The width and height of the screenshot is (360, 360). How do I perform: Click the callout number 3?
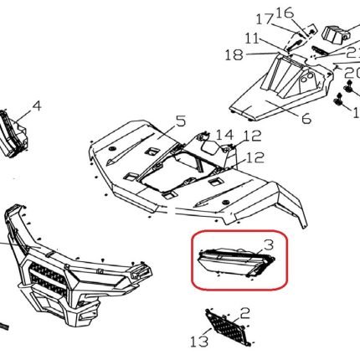click(269, 245)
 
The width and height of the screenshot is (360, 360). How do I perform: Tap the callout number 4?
click(37, 106)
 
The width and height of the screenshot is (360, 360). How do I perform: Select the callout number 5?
click(181, 121)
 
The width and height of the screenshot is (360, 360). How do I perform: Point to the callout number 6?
click(306, 119)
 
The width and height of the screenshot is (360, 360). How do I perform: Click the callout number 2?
click(244, 314)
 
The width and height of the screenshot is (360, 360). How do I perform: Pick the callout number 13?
click(199, 341)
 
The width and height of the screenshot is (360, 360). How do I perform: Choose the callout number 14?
click(224, 136)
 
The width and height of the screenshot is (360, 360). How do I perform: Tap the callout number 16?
click(285, 13)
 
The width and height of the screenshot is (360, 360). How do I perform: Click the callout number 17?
click(265, 19)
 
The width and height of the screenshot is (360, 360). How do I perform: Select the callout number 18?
click(234, 54)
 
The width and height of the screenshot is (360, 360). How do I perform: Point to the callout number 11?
click(253, 39)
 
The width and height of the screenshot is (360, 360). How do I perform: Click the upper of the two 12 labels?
click(253, 136)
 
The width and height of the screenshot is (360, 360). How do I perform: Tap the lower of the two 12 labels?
click(255, 157)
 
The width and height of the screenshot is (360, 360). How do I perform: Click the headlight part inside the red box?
click(236, 262)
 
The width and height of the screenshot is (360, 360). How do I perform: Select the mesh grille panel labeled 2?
click(228, 327)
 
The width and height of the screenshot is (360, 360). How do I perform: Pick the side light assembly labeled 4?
click(13, 133)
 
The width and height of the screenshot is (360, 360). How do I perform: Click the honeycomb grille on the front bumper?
click(48, 280)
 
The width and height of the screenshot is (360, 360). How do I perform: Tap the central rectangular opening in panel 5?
click(178, 172)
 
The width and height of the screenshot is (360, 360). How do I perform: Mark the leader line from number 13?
click(207, 332)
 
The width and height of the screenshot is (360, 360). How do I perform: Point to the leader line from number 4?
click(24, 116)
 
